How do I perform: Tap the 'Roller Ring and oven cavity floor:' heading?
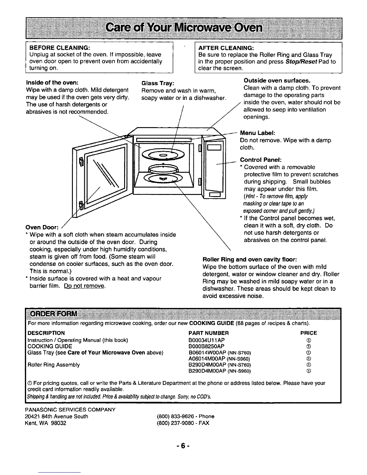point(250,259)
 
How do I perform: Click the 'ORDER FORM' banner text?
point(52,314)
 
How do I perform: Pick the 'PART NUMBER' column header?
point(209,333)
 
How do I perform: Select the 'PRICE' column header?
point(309,333)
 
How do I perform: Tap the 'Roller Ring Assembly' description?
point(54,365)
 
